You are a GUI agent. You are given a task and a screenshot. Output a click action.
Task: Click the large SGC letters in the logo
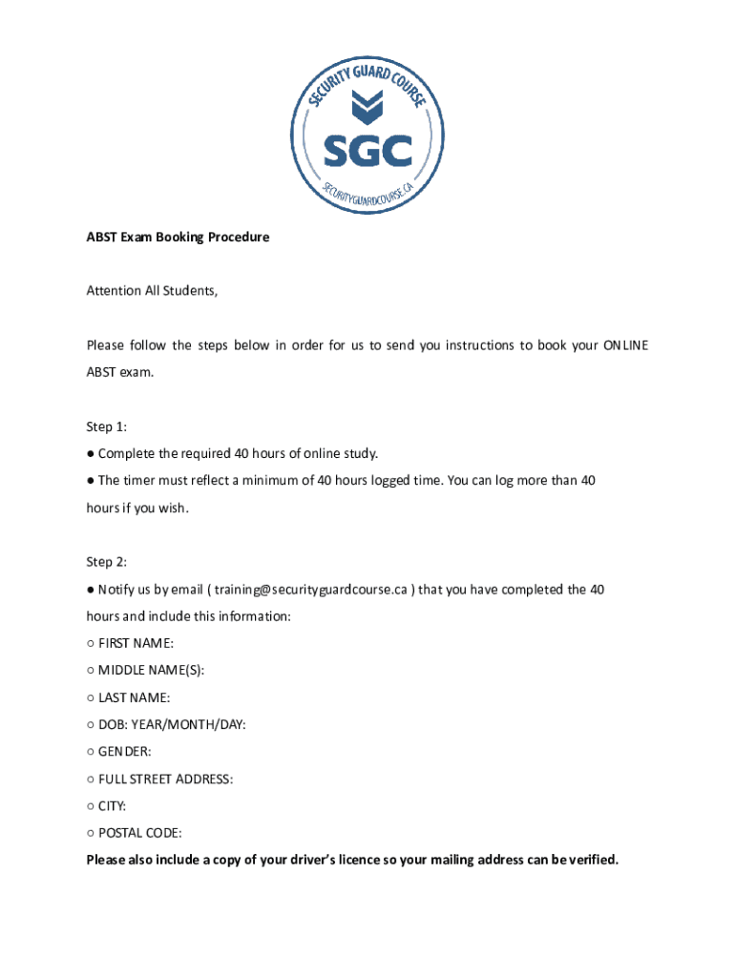(367, 150)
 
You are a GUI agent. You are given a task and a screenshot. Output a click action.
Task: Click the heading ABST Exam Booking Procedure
(178, 237)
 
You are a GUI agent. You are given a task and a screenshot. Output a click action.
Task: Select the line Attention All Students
(152, 290)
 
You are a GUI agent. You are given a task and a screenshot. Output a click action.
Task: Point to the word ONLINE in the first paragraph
(625, 344)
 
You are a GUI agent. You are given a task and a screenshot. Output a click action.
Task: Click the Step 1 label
(106, 426)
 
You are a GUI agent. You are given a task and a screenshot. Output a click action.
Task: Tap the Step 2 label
(106, 562)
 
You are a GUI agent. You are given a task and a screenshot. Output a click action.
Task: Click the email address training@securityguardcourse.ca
(310, 590)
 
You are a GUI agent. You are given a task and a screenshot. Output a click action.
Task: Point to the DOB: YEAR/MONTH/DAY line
(172, 724)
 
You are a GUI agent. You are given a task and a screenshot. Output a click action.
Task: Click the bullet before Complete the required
(91, 453)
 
